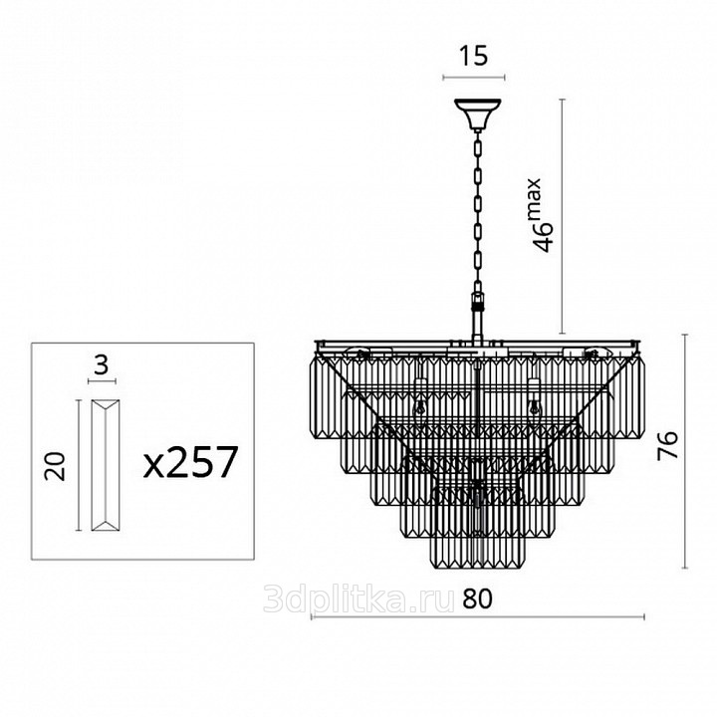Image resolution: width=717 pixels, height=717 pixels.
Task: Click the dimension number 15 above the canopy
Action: (474, 56)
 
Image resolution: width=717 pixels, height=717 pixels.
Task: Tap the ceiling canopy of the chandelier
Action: (477, 113)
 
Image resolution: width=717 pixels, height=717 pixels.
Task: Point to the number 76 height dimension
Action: (667, 446)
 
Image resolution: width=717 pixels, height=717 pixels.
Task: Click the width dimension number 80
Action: (477, 599)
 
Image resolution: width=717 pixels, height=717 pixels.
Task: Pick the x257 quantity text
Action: (191, 462)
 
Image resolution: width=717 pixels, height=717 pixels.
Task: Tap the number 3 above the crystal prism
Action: (102, 365)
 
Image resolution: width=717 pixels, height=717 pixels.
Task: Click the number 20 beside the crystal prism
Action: (55, 466)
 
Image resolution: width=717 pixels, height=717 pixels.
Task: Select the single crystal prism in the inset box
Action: (106, 465)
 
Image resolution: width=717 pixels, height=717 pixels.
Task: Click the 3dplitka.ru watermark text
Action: (358, 598)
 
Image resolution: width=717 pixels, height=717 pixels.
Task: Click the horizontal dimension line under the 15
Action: (474, 78)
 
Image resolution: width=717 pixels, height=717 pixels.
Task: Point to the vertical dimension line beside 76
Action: (684, 451)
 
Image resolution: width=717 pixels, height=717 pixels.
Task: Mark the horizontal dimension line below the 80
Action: (478, 616)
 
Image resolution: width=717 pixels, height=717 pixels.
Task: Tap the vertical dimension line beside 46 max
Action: (562, 216)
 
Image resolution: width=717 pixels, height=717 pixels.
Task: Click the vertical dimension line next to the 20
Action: (79, 465)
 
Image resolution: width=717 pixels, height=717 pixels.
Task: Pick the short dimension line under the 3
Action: (102, 380)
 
